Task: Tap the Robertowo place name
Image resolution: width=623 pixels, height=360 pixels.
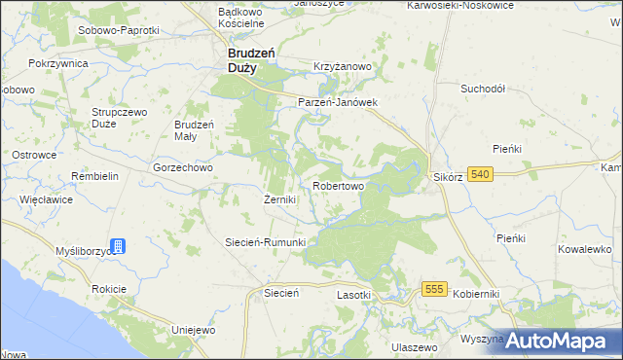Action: point(339,185)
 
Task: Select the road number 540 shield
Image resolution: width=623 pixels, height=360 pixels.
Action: point(479,174)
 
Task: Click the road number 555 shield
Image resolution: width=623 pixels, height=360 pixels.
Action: point(434,289)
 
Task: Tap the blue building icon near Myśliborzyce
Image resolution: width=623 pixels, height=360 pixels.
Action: point(118,246)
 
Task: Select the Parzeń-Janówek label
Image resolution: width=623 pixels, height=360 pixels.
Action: point(337,101)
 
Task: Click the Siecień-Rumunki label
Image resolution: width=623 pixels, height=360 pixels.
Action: point(266,242)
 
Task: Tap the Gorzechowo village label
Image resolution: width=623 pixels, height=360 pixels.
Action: point(183,167)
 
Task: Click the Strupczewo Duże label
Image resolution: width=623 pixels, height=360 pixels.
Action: point(118,118)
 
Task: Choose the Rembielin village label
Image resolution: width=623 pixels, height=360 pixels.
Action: point(94,176)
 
